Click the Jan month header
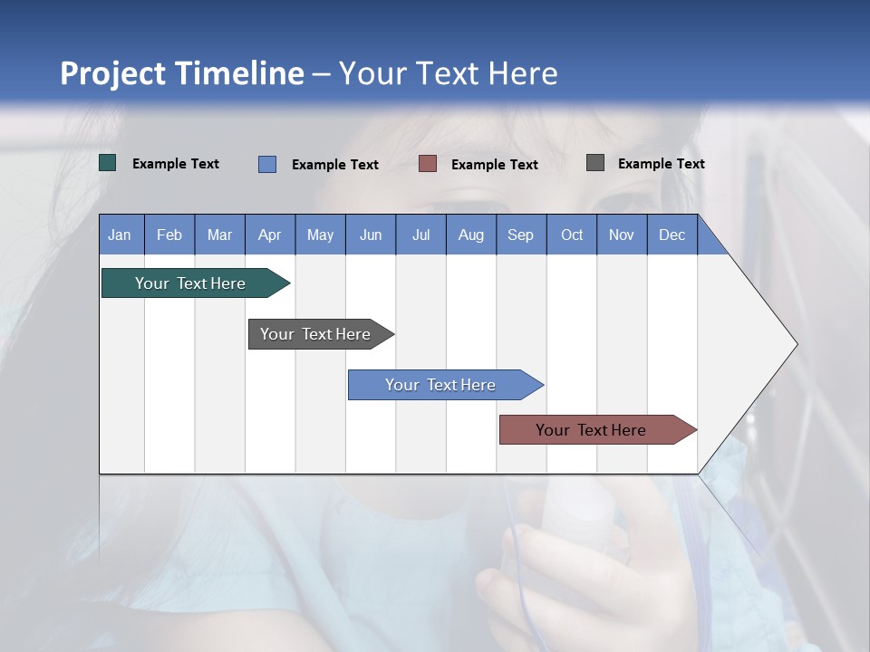[120, 235]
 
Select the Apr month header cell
[269, 235]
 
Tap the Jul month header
[420, 235]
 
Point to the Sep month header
[520, 235]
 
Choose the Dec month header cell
[672, 235]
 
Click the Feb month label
[169, 235]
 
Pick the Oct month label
[572, 235]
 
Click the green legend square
[108, 163]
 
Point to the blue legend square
[267, 164]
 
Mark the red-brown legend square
[428, 164]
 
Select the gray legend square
[595, 163]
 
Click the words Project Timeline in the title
[182, 73]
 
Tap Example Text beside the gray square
[661, 164]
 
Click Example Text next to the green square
[176, 164]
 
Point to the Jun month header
[371, 235]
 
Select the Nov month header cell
[622, 235]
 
